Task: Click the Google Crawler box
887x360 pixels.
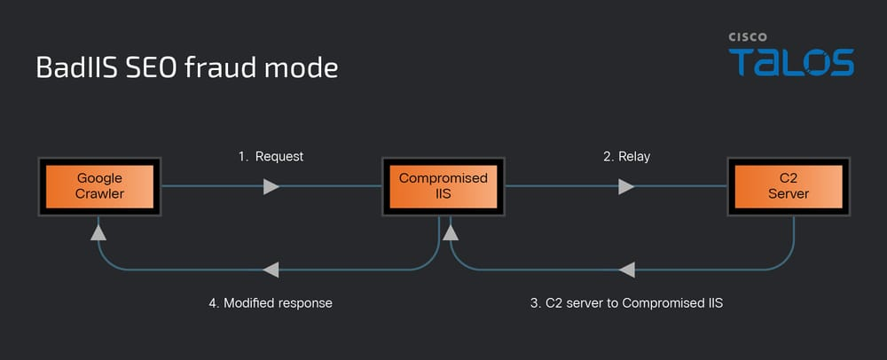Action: pyautogui.click(x=98, y=186)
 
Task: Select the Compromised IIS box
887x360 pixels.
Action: pyautogui.click(x=443, y=186)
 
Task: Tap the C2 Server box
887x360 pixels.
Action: pyautogui.click(x=789, y=186)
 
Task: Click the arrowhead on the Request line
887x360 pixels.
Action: pyautogui.click(x=271, y=186)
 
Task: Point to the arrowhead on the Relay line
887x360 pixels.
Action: pyautogui.click(x=626, y=186)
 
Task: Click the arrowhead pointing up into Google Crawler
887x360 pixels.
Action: pyautogui.click(x=98, y=231)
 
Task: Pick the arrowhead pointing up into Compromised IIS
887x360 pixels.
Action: pyautogui.click(x=450, y=232)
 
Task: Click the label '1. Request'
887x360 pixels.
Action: pyautogui.click(x=271, y=156)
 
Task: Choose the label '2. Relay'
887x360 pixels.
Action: pyautogui.click(x=626, y=156)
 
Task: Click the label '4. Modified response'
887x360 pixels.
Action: pyautogui.click(x=271, y=302)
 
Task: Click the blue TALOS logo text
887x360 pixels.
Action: pyautogui.click(x=791, y=63)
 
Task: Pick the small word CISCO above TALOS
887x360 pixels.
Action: pyautogui.click(x=748, y=38)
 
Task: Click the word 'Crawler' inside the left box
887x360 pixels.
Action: pyautogui.click(x=99, y=193)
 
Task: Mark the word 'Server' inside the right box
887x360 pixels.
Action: pyautogui.click(x=789, y=193)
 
